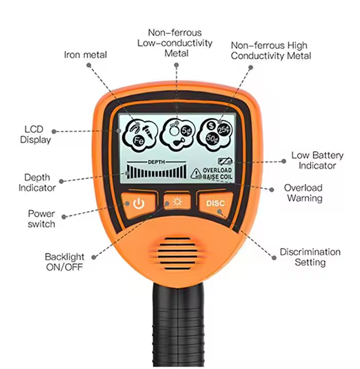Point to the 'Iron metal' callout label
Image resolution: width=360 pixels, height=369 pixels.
[x=86, y=54]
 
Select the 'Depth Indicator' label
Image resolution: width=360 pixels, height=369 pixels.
[x=37, y=182]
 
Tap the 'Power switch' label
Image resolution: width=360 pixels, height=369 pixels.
[x=42, y=218]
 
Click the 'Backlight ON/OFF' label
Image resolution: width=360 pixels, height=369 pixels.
[x=65, y=261]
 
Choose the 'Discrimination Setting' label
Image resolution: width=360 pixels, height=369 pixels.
[x=310, y=257]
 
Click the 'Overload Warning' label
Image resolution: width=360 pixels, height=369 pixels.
[x=304, y=193]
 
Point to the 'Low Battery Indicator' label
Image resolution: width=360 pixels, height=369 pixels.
[x=317, y=160]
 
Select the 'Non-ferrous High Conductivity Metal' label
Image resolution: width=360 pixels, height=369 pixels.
[x=271, y=50]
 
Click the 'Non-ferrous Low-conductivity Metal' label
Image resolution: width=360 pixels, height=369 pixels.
[x=175, y=43]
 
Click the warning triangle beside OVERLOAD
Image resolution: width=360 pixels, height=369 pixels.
[x=196, y=174]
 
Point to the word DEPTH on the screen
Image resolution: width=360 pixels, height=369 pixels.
[x=157, y=161]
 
